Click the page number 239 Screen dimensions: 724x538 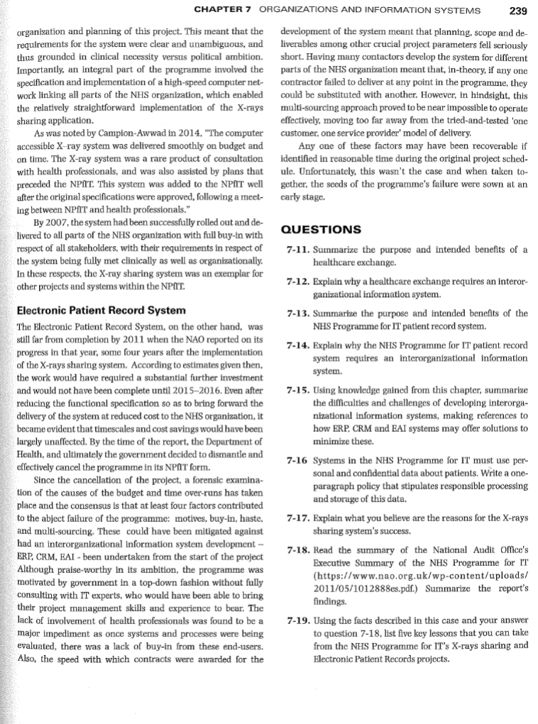517,10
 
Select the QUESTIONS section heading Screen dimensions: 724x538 322,229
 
